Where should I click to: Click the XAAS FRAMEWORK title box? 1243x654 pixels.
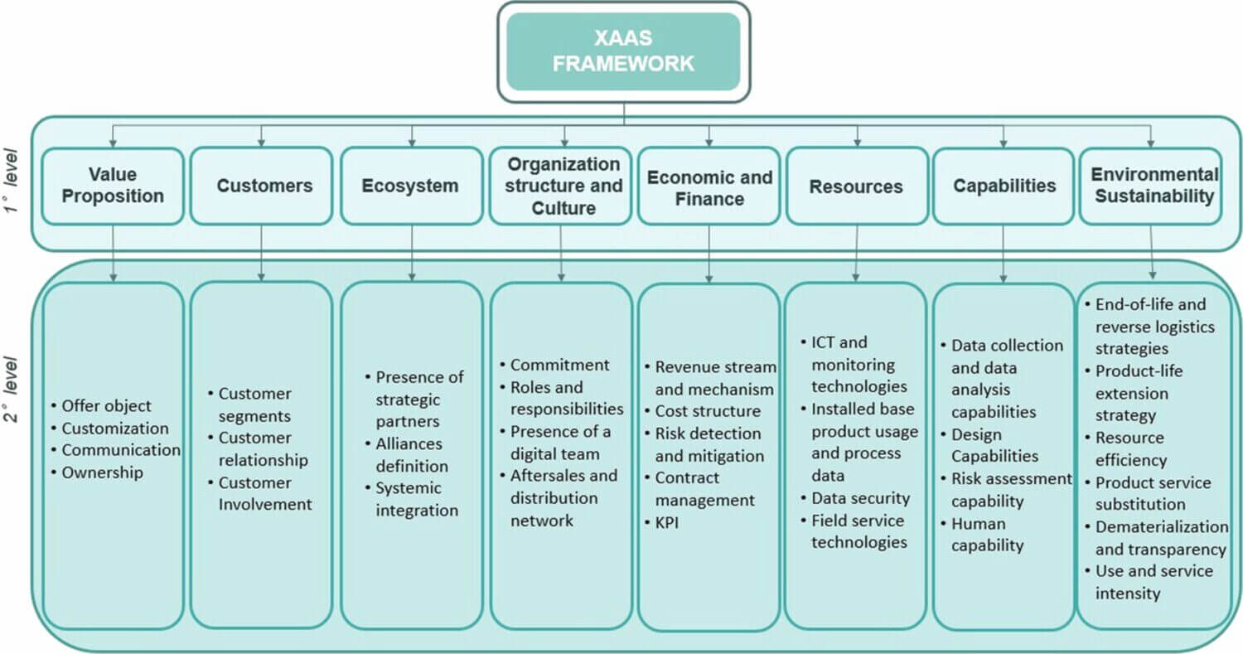point(623,51)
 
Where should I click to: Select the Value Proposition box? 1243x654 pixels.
point(113,186)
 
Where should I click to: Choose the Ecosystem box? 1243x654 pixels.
point(411,186)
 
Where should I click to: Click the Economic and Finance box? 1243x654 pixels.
point(709,188)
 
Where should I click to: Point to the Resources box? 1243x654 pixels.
point(856,187)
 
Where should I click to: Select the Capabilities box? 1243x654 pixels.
point(1004,186)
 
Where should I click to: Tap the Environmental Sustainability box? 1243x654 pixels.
point(1152,186)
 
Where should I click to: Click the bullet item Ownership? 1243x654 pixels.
point(102,472)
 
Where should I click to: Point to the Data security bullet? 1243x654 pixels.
point(860,498)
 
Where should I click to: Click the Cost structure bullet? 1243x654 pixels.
point(707,411)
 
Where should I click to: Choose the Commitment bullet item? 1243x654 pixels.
point(559,365)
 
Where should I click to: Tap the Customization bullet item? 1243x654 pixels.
point(114,429)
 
